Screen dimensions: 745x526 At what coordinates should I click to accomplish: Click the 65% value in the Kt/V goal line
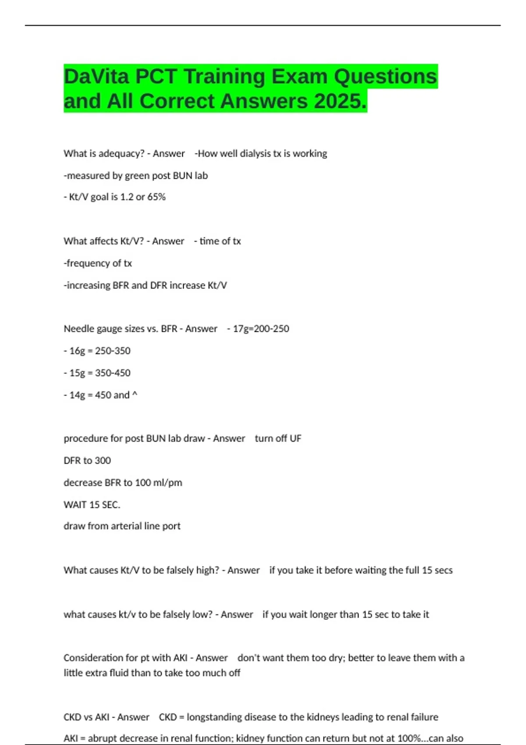156,197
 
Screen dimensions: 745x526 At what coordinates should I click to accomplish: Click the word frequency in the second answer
88,263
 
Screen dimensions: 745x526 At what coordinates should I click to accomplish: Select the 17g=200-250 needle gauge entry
261,329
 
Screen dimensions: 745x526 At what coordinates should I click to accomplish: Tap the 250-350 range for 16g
113,351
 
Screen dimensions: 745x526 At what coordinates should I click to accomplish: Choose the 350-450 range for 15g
113,373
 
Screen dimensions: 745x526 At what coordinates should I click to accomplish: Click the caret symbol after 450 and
135,394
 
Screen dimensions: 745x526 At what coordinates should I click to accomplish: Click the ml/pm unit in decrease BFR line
168,483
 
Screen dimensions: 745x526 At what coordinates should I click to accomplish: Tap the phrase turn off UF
278,439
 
